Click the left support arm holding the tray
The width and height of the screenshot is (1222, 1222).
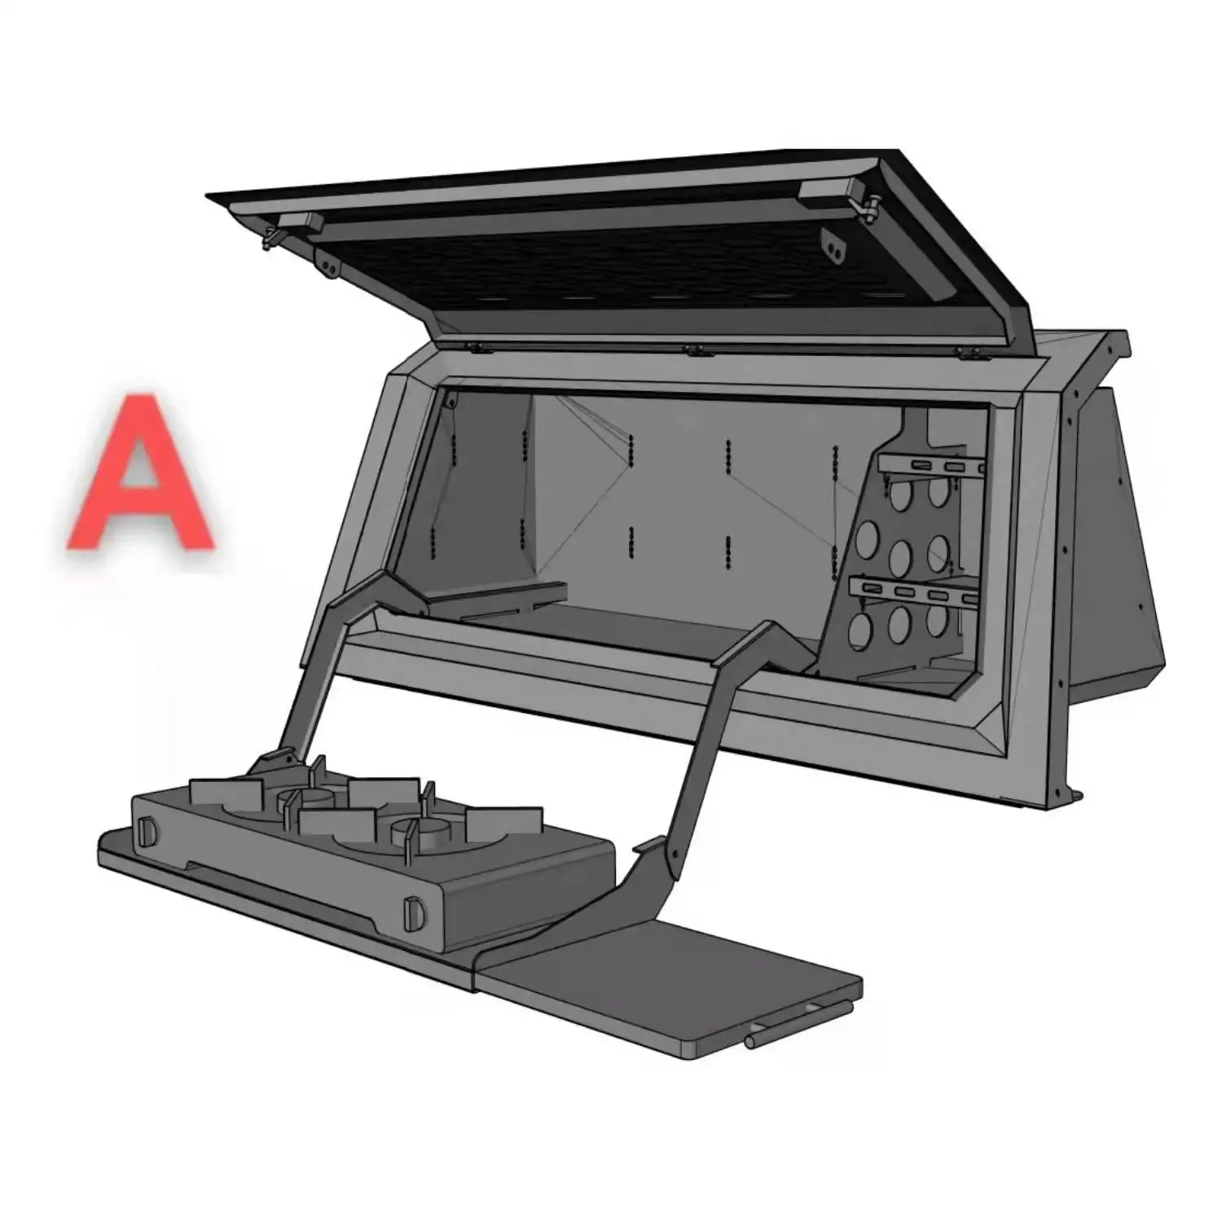tap(326, 668)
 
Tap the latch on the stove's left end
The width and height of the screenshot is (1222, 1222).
tap(147, 831)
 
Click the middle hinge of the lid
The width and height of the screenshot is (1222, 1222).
tap(695, 351)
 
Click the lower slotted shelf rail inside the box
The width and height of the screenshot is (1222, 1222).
tap(912, 591)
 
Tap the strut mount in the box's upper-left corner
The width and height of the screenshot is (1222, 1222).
tap(449, 400)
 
